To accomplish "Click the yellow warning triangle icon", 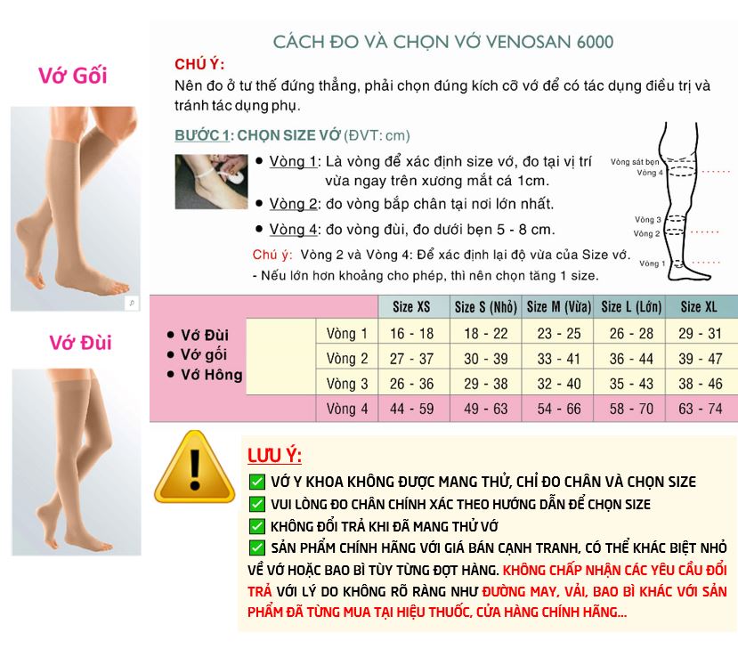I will pos(194,469).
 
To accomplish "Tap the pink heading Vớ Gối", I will pos(72,76).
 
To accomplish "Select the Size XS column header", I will pos(411,307).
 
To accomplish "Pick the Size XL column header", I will pos(699,307).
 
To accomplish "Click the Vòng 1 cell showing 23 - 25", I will pos(558,334).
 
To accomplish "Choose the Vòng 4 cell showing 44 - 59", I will pos(411,410).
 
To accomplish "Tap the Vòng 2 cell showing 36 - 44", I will pos(631,359).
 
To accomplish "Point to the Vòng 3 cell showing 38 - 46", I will pos(699,385).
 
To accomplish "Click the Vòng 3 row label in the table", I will pos(346,385).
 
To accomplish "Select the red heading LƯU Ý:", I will pos(274,457).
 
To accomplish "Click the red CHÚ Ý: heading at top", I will pos(199,64).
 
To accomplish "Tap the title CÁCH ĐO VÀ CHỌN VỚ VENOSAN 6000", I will pos(442,42).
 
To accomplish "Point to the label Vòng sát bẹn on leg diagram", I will pos(635,163).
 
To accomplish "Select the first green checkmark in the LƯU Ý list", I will pos(256,482).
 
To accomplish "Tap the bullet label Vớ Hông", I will pos(210,375).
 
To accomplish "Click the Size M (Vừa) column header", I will pos(558,307).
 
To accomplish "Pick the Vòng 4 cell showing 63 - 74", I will pos(699,410).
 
